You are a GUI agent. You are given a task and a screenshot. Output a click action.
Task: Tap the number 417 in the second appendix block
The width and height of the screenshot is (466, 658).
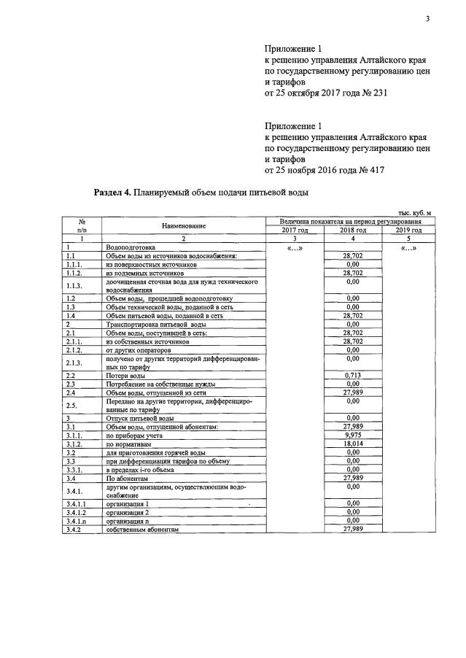[375, 169]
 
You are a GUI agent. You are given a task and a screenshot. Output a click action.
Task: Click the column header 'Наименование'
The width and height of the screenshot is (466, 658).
[184, 225]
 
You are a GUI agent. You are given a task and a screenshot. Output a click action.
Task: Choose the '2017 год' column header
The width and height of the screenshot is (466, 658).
[295, 230]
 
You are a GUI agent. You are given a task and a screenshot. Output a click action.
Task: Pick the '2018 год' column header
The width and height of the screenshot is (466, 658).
[354, 230]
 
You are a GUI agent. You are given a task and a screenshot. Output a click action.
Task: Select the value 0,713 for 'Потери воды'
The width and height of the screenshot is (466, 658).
[354, 375]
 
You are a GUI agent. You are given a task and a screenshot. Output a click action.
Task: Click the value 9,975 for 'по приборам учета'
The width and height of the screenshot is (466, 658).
[354, 435]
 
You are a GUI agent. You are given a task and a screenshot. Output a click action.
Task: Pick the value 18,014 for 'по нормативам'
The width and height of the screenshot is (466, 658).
[354, 443]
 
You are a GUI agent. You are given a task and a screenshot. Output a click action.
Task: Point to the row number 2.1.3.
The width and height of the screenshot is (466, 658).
[75, 363]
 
